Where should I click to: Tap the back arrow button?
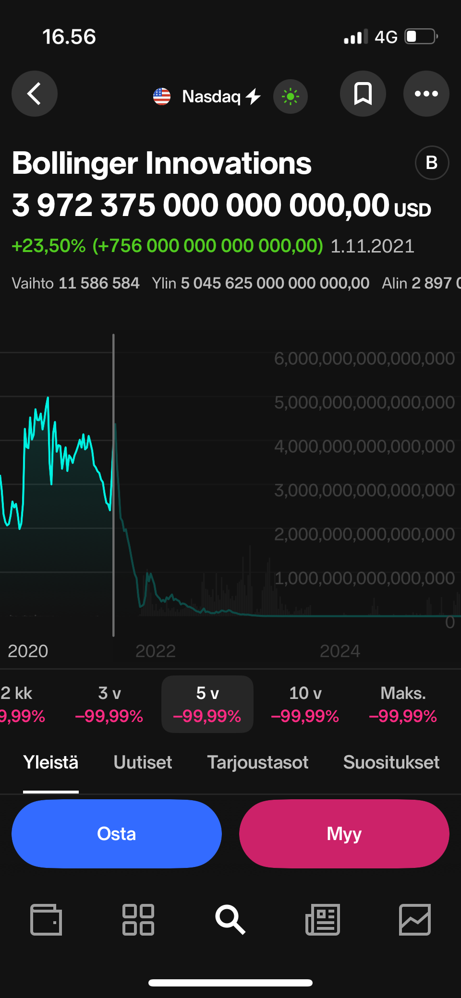pyautogui.click(x=35, y=94)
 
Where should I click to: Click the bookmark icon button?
pyautogui.click(x=363, y=94)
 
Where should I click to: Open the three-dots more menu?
pyautogui.click(x=426, y=94)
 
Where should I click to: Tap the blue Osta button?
pyautogui.click(x=117, y=834)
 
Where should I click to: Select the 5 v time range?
pyautogui.click(x=207, y=704)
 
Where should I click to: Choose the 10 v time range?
pyautogui.click(x=305, y=704)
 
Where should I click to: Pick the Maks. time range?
pyautogui.click(x=403, y=704)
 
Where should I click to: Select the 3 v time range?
pyautogui.click(x=109, y=704)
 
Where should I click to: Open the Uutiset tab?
pyautogui.click(x=143, y=762)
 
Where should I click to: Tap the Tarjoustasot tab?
pyautogui.click(x=257, y=762)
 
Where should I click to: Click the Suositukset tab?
pyautogui.click(x=391, y=762)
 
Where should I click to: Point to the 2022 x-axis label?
pyautogui.click(x=156, y=651)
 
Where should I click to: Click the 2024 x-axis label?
pyautogui.click(x=340, y=651)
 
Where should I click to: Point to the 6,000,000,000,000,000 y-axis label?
pyautogui.click(x=364, y=359)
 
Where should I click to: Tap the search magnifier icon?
pyautogui.click(x=230, y=920)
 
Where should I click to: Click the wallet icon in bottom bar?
pyautogui.click(x=46, y=920)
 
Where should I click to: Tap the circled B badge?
pyautogui.click(x=432, y=163)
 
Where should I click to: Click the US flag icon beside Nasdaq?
pyautogui.click(x=162, y=96)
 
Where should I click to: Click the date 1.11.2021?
pyautogui.click(x=372, y=246)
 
